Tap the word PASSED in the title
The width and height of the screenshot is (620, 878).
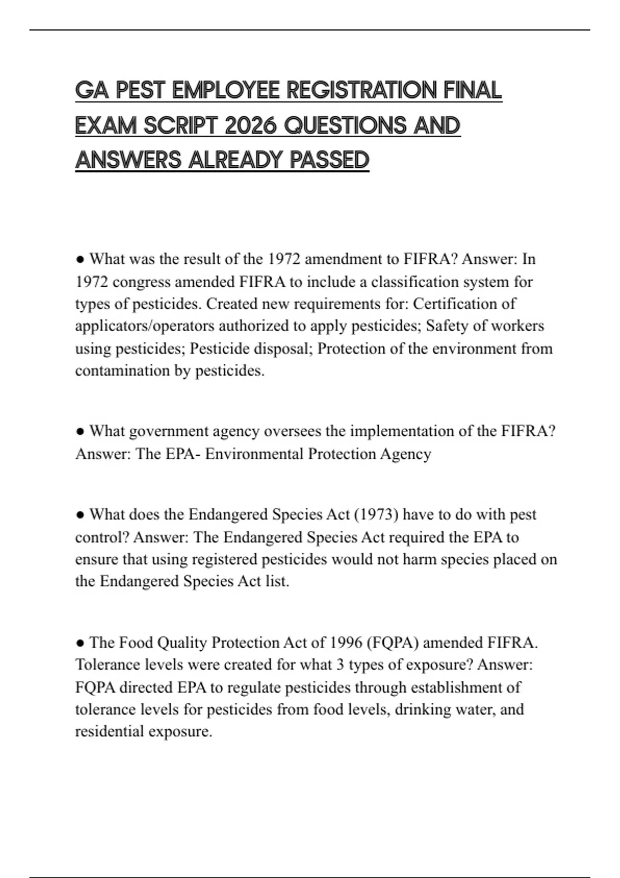point(329,160)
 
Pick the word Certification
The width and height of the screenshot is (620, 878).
point(457,304)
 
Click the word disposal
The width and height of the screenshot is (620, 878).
point(280,349)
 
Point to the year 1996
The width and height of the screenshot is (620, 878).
point(346,642)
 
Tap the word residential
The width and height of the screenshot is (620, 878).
point(110,731)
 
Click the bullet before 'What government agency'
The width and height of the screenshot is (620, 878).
point(80,431)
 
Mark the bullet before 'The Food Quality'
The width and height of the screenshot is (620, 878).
point(80,642)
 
